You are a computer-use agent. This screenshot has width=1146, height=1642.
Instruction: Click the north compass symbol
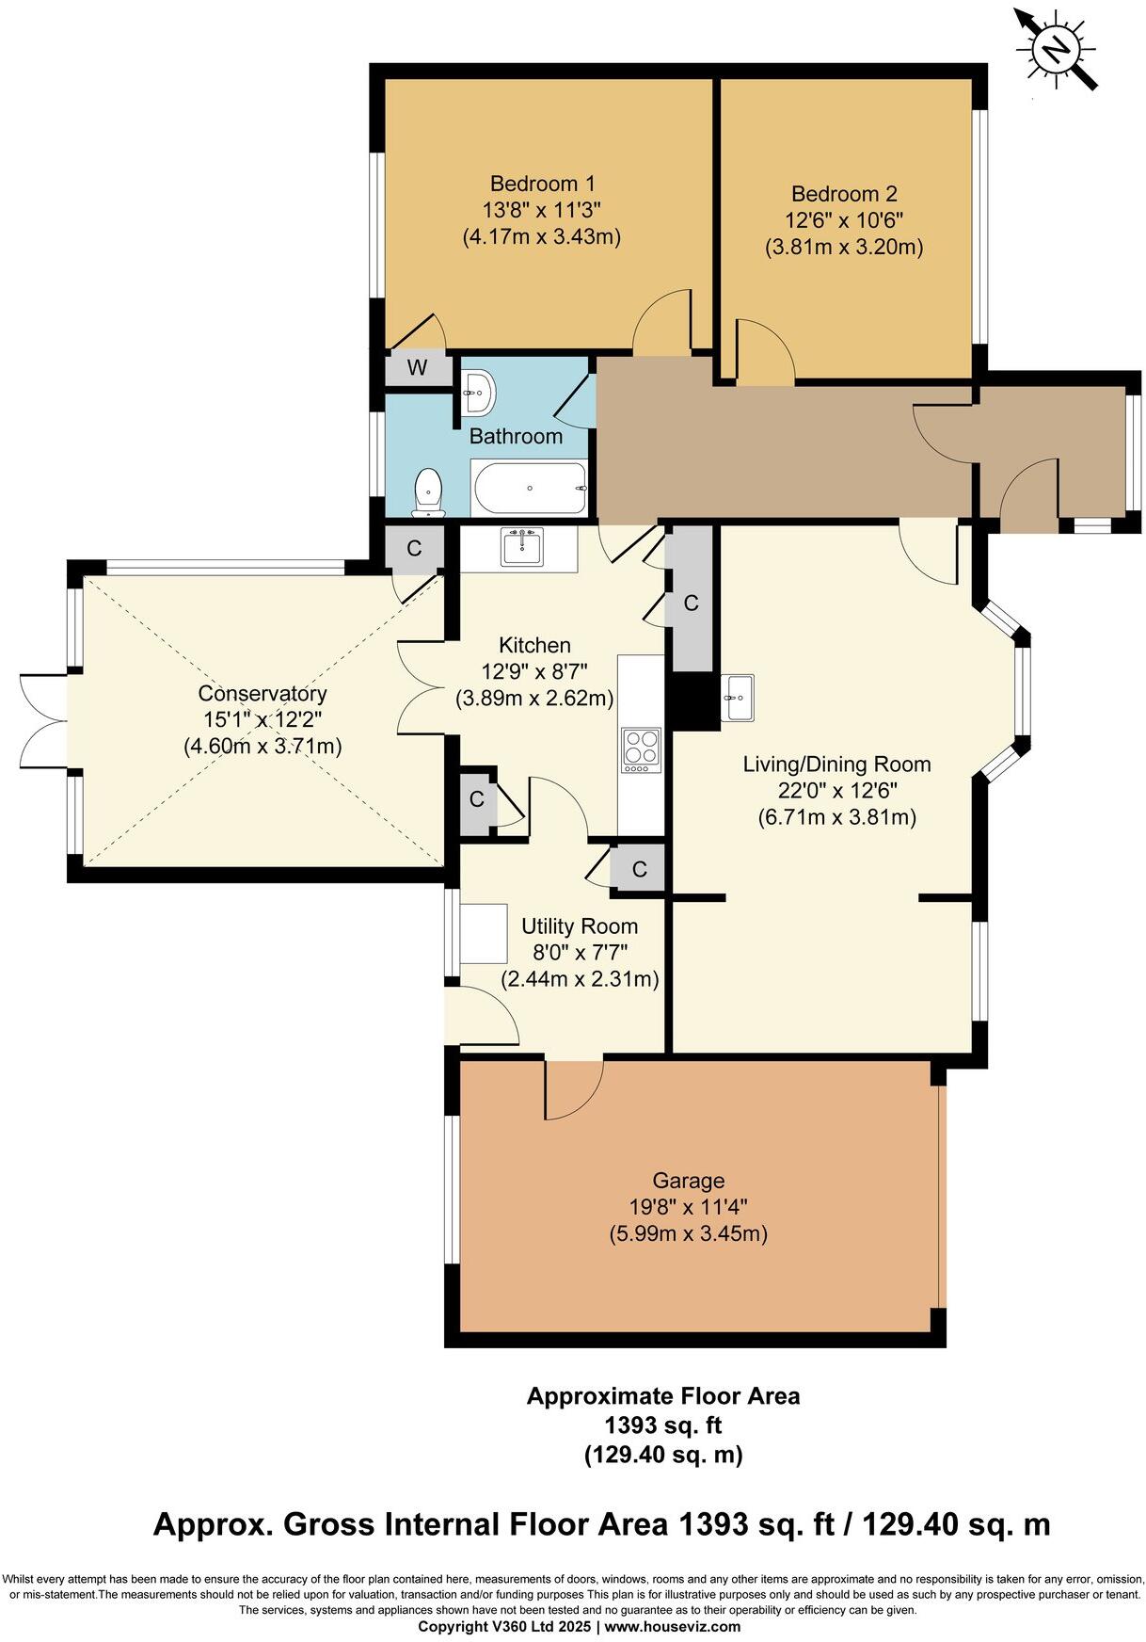1056,48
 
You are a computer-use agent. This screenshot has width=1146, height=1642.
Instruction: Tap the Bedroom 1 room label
542,184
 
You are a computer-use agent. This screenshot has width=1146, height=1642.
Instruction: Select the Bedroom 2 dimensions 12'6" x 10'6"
843,220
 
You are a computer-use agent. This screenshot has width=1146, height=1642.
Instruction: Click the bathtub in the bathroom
530,488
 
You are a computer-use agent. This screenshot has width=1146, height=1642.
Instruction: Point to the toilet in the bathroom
428,492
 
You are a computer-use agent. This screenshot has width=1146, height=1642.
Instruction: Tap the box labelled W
418,368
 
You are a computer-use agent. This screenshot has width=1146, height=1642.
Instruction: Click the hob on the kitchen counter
641,750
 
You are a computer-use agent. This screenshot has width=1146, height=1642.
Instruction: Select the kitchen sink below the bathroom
521,546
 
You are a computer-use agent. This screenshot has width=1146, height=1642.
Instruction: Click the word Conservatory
263,694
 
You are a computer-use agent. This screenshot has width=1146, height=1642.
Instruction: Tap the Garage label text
689,1181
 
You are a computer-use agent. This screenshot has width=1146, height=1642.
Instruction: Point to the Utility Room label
580,926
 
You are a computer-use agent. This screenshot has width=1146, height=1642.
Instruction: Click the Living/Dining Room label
836,765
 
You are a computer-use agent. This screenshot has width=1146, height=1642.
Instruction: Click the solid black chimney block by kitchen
692,700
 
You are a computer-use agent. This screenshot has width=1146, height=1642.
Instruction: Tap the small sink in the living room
739,698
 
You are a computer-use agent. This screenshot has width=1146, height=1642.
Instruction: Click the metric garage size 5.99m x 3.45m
689,1233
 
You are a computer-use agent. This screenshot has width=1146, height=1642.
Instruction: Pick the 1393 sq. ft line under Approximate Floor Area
663,1425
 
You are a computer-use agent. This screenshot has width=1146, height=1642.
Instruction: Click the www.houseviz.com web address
672,1626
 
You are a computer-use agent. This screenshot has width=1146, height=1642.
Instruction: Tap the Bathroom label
516,436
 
